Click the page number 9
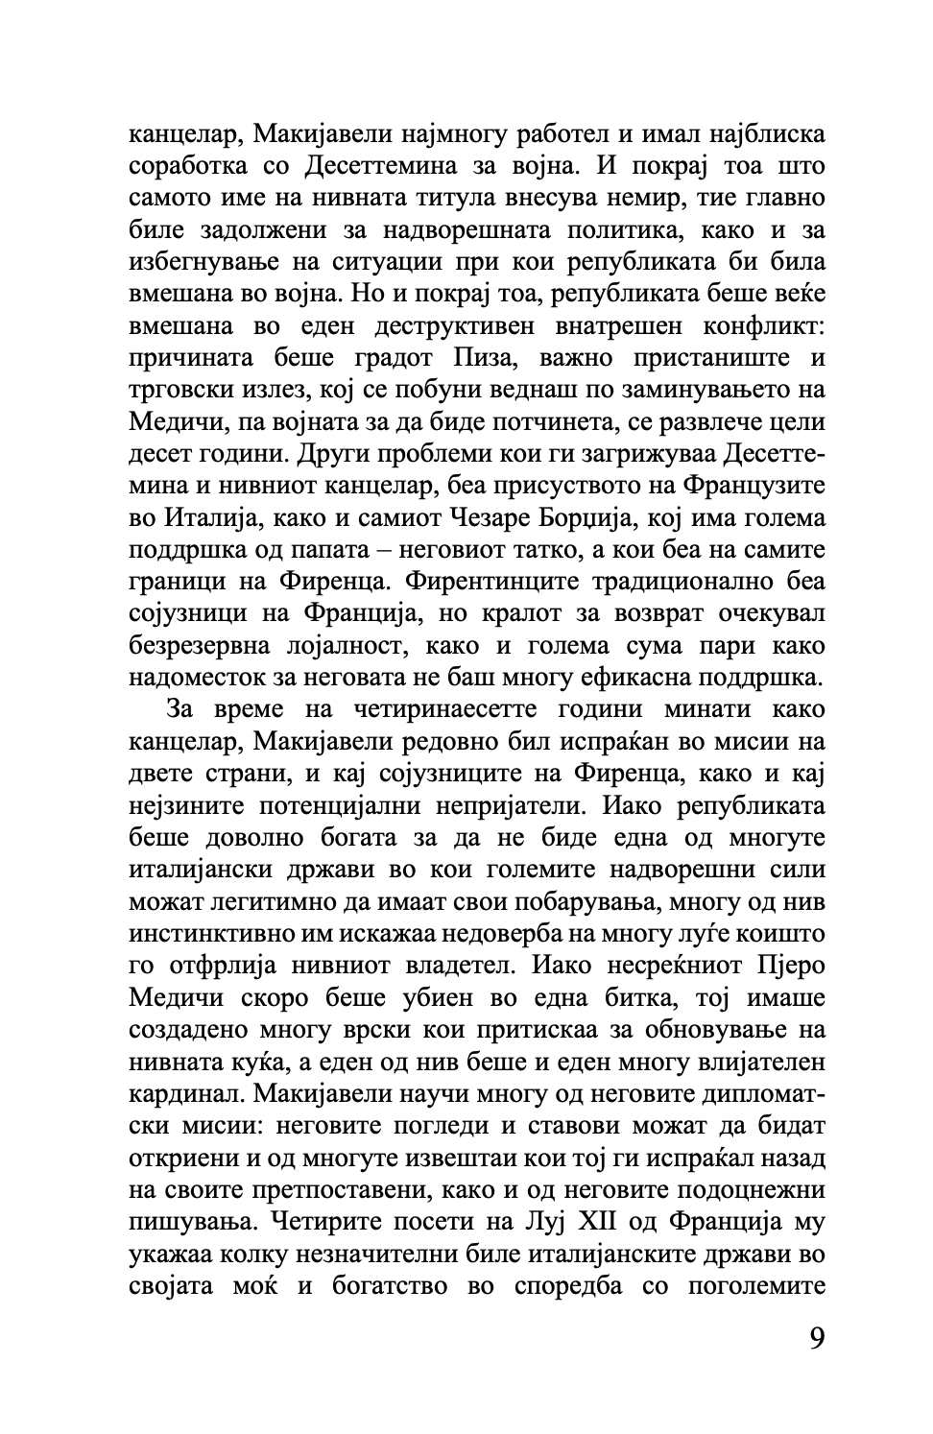816,1338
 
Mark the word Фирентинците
499,583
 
